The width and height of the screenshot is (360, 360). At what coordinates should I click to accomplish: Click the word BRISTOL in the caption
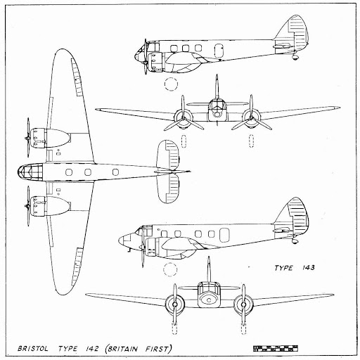click(33, 349)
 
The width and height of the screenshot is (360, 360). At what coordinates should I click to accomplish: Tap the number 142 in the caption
click(91, 349)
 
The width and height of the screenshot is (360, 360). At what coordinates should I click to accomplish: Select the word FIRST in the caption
click(156, 349)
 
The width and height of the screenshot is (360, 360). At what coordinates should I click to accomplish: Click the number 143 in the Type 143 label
click(307, 268)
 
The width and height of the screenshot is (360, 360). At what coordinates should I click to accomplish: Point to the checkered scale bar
click(276, 349)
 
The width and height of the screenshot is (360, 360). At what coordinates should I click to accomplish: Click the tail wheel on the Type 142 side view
click(295, 57)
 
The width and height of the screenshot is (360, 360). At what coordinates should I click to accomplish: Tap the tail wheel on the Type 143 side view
click(295, 240)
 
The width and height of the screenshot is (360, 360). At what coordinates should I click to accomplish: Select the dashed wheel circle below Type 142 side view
click(171, 84)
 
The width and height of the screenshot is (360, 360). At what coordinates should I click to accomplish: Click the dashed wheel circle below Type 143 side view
click(170, 269)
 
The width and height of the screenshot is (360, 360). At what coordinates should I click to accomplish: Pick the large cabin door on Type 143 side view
click(224, 235)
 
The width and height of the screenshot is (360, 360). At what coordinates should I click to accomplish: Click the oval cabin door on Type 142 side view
click(219, 51)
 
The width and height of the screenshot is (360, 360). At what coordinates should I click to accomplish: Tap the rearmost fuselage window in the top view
click(115, 172)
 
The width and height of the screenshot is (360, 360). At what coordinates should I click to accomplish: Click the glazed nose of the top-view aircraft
click(30, 172)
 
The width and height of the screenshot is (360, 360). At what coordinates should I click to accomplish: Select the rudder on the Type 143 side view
click(299, 215)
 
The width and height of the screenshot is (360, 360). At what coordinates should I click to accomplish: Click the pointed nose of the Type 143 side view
click(120, 240)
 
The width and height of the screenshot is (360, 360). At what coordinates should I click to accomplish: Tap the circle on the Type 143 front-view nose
click(209, 300)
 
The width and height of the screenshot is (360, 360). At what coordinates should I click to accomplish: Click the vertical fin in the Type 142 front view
click(217, 86)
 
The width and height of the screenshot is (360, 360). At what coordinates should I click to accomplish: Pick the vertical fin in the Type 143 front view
click(209, 269)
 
